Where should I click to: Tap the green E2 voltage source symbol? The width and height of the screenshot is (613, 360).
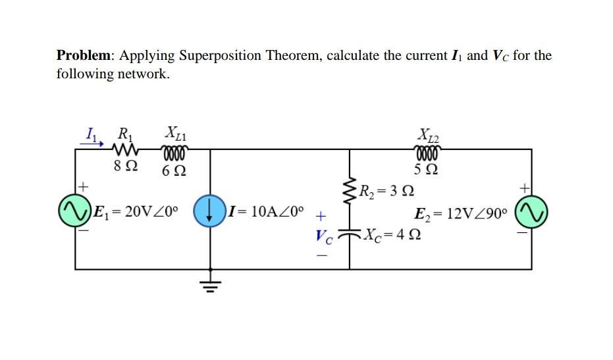pyautogui.click(x=531, y=211)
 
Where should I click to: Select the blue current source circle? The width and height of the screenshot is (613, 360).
pyautogui.click(x=209, y=211)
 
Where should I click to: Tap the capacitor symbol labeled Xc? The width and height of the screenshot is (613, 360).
pyautogui.click(x=350, y=234)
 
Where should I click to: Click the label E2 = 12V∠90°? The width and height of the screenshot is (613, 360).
pyautogui.click(x=461, y=213)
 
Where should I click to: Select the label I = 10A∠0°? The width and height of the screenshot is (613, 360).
pyautogui.click(x=267, y=212)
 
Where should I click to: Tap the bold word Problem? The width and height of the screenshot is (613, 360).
pyautogui.click(x=84, y=55)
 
